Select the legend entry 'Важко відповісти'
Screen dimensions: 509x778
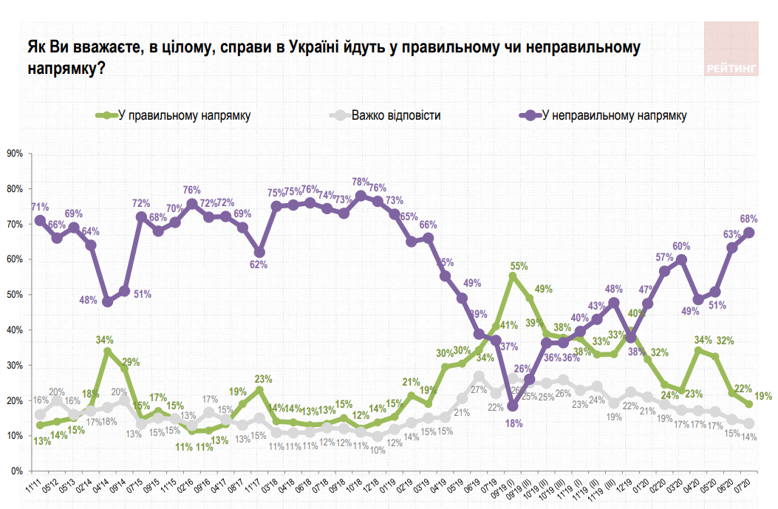(x=396, y=116)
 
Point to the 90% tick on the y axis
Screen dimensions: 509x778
(x=15, y=154)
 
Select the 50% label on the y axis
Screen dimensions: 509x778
(x=15, y=295)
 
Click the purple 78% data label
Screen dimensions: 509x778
(x=361, y=182)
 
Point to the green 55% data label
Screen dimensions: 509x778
(x=519, y=265)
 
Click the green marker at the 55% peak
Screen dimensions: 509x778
(x=512, y=277)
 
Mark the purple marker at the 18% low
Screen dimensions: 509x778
(x=512, y=406)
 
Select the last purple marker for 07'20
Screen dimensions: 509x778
(x=748, y=232)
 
